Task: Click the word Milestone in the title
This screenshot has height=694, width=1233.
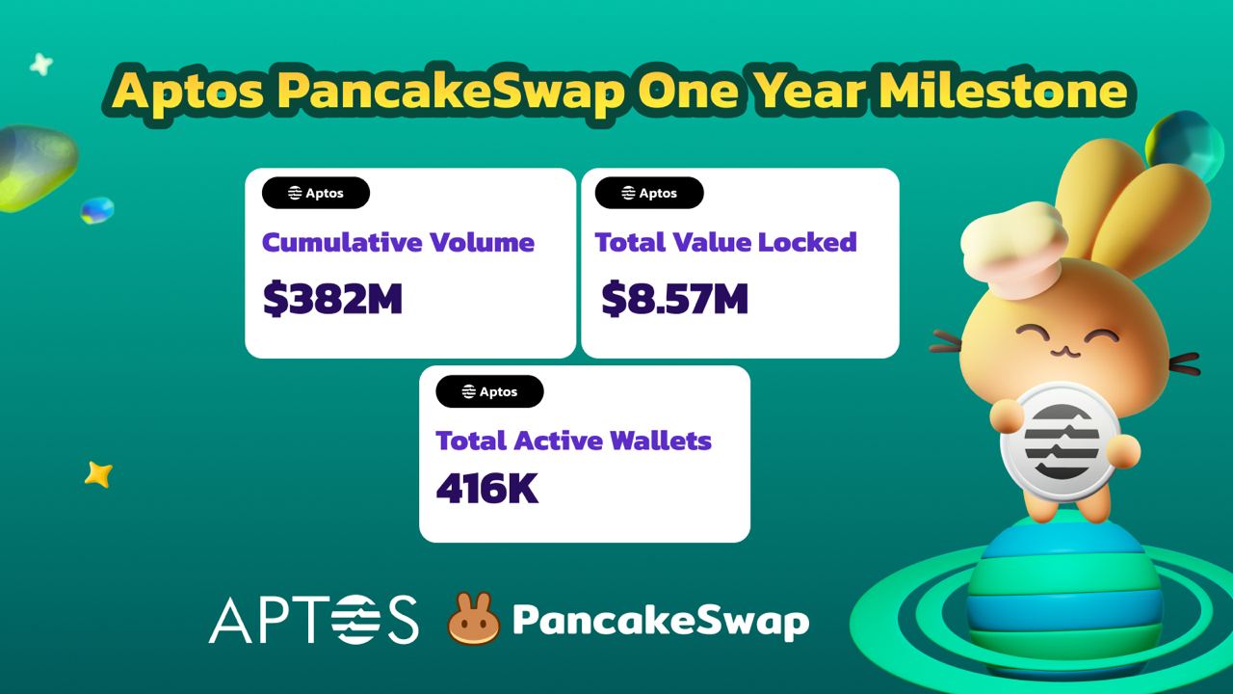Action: tap(1003, 91)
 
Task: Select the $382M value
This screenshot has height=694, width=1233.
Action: tap(332, 299)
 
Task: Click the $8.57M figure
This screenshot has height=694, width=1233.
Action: tap(674, 299)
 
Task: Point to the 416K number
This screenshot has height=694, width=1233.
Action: tap(487, 488)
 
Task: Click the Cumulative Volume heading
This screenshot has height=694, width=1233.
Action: tap(398, 242)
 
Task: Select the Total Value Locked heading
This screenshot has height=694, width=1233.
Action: tap(726, 242)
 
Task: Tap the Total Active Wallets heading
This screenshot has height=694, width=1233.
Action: tap(573, 440)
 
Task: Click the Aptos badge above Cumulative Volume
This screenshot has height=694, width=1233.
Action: tap(316, 193)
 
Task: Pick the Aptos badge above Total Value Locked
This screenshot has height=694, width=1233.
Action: tap(649, 193)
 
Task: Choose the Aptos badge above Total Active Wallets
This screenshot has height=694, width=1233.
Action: tap(490, 391)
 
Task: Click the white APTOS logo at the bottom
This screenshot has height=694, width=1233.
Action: tap(314, 619)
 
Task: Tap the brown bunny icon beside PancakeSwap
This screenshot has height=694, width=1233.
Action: tap(474, 618)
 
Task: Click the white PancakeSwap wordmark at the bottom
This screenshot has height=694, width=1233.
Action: tap(661, 622)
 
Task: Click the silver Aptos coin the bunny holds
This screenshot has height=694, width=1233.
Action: tap(1061, 441)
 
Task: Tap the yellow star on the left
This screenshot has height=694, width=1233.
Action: tap(98, 474)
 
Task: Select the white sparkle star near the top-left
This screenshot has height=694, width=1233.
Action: tap(41, 65)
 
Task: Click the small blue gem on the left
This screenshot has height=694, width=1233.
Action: tap(97, 210)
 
